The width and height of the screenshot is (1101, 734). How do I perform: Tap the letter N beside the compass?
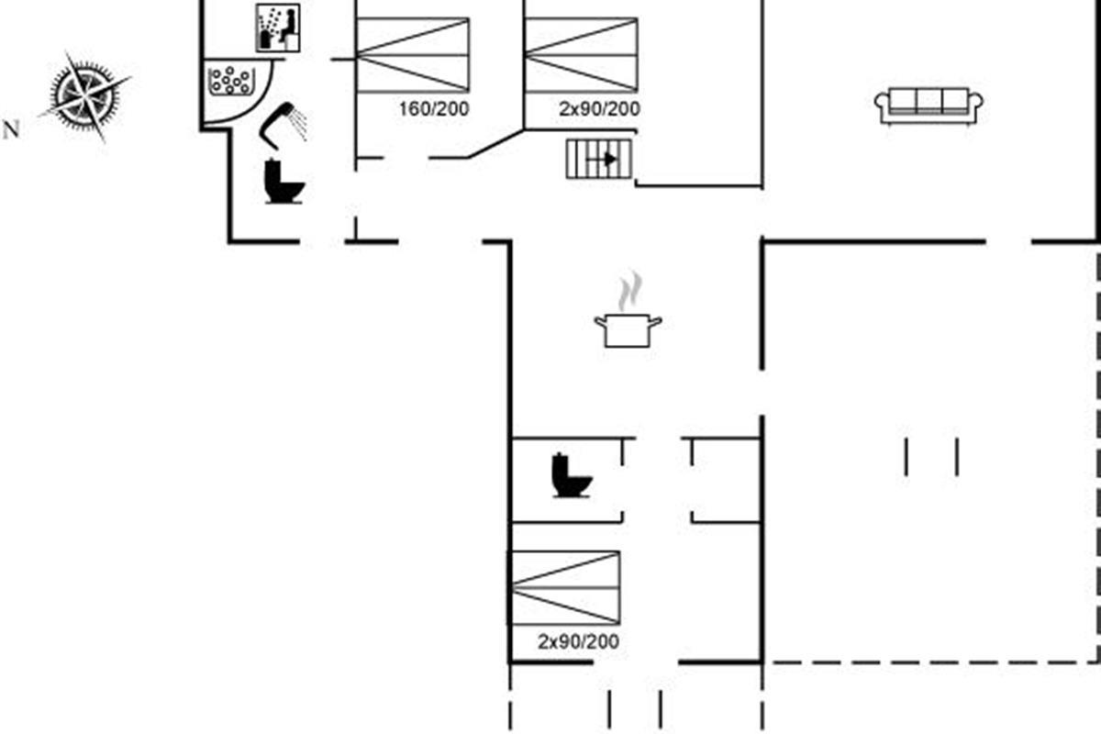coord(12,130)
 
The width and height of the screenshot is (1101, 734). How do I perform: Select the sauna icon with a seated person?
coord(279,28)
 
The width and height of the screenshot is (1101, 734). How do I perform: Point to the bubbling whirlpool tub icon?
coord(231,81)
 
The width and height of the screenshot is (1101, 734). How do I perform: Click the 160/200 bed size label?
coord(433,109)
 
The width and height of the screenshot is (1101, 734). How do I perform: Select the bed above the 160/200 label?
coord(413,54)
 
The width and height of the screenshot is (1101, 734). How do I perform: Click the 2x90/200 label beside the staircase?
coord(599,109)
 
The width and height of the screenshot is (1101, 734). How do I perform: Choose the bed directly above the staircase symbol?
coord(581,54)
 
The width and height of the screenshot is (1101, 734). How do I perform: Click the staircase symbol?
coord(599,159)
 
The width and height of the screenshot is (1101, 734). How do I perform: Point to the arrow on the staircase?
coord(606,159)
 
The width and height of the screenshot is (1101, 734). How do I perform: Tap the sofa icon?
coord(929,105)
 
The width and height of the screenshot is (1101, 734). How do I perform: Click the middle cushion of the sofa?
coord(929,100)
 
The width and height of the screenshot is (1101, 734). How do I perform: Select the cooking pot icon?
coord(628,329)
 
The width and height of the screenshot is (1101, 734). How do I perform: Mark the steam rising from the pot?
coord(628,292)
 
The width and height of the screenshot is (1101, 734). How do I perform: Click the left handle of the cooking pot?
coord(600,321)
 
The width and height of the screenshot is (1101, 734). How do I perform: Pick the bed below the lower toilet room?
coord(565,588)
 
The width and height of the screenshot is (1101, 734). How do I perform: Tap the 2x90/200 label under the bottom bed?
coord(578,642)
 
